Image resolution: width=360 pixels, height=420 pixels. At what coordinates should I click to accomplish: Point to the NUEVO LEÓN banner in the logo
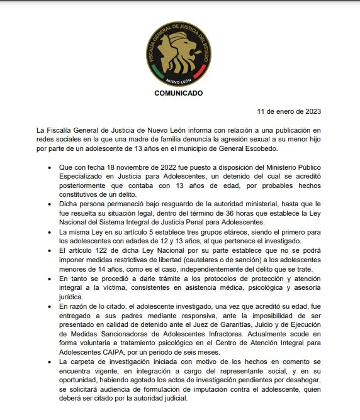[179, 81]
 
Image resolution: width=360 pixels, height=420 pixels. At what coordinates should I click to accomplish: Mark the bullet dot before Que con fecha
[50, 169]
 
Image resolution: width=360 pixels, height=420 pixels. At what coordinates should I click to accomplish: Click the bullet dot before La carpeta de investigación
[50, 363]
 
